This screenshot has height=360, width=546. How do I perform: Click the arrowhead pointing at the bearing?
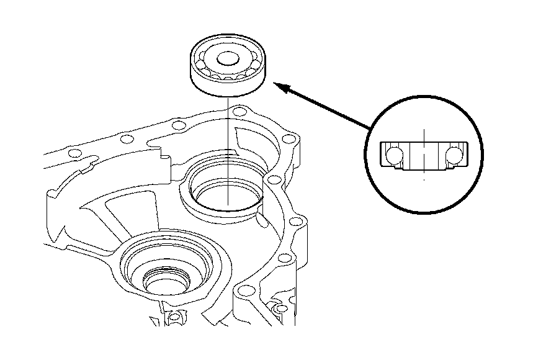tap(280, 88)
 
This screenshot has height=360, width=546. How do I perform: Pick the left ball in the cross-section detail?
tap(392, 155)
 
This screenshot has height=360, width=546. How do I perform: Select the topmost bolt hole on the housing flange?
tap(236, 112)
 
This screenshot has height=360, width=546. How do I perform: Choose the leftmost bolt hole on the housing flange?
tap(74, 153)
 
